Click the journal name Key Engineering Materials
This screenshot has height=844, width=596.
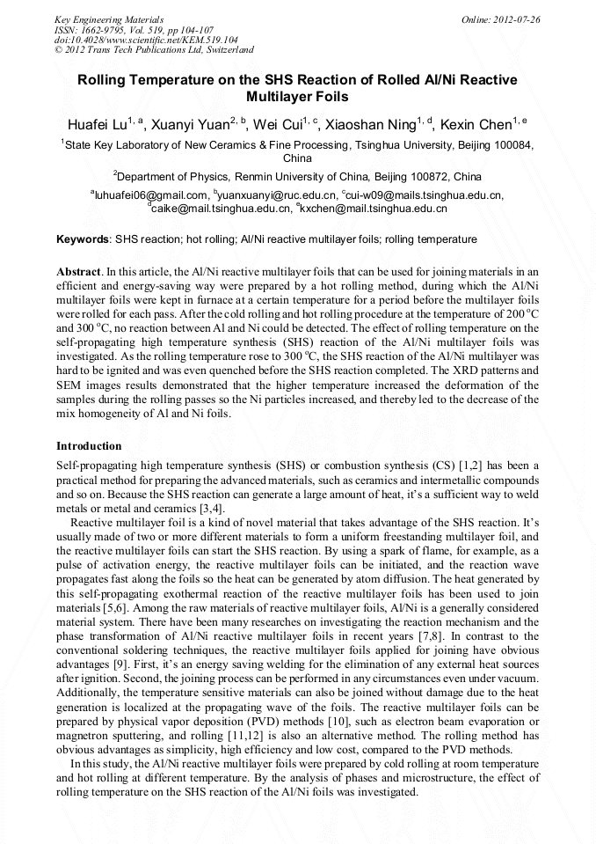[x=108, y=18]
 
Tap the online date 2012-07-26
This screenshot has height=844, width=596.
[x=509, y=18]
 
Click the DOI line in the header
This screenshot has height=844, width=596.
[x=146, y=40]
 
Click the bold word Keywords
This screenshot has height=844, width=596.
[x=83, y=239]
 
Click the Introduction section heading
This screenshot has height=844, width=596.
[x=89, y=446]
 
